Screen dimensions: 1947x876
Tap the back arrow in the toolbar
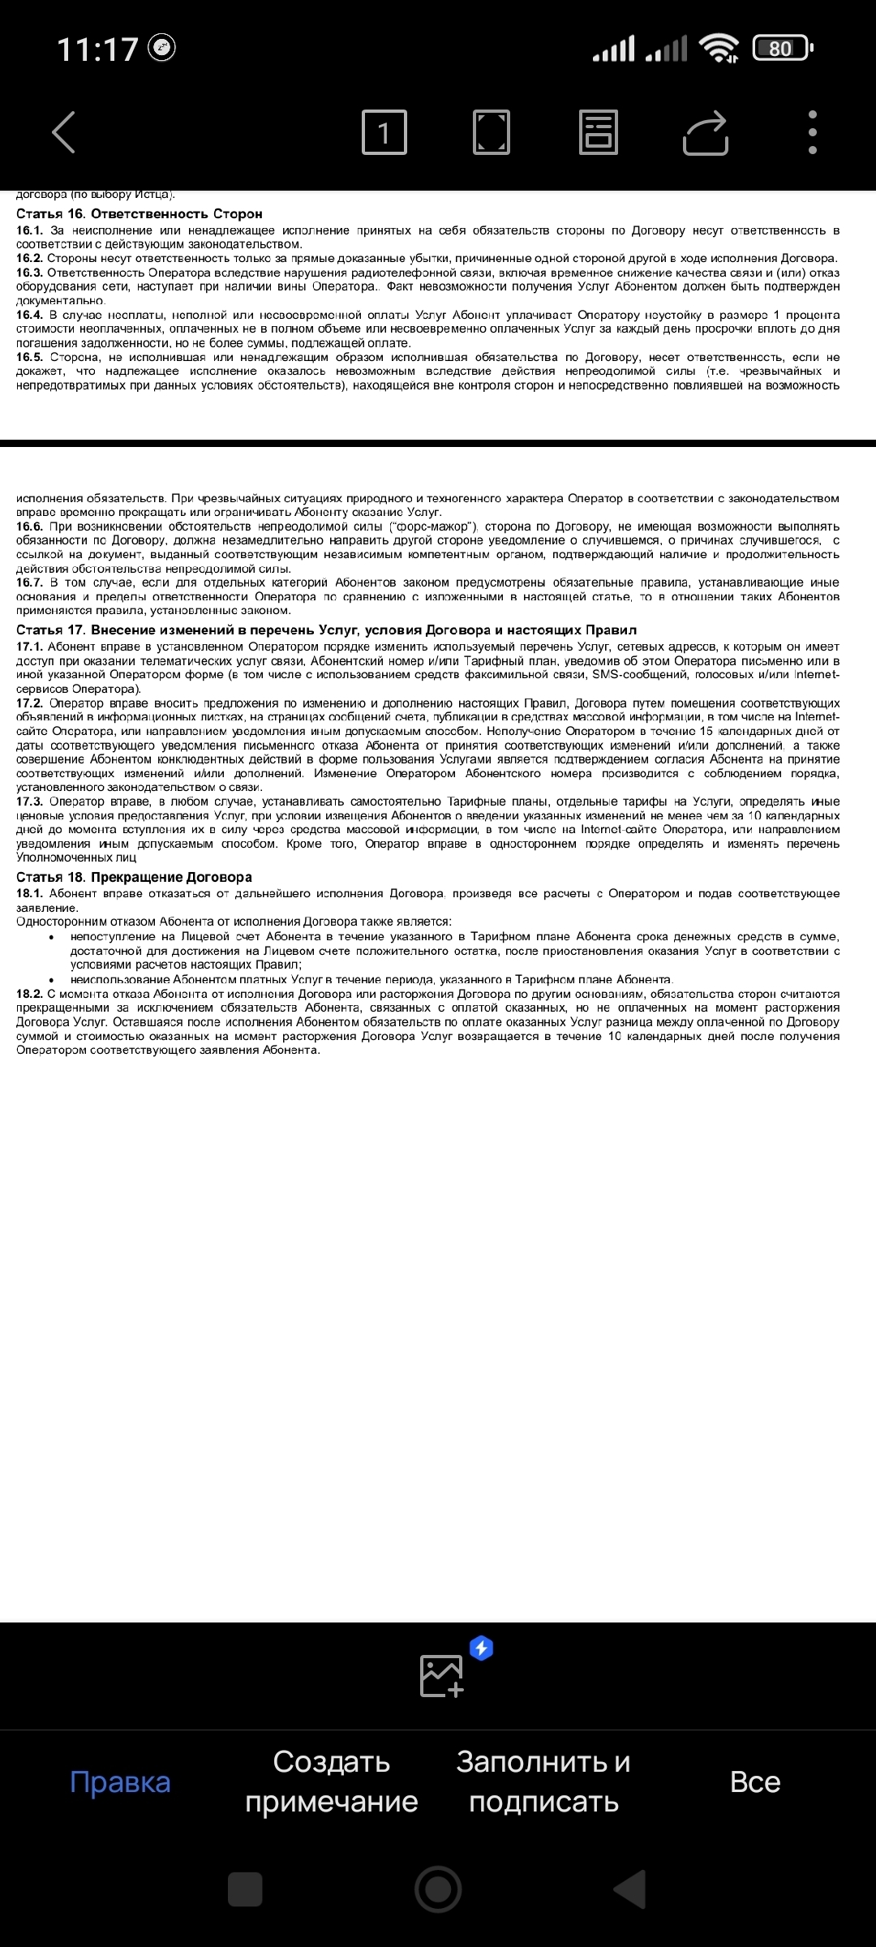point(64,132)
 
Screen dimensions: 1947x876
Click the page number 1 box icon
point(384,132)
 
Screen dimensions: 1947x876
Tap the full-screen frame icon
point(492,132)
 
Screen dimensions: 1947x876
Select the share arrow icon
point(706,132)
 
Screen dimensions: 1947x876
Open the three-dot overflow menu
point(812,132)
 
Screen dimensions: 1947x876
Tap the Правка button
point(120,1782)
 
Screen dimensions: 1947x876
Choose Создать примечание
point(332,1782)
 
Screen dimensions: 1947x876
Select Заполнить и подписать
point(543,1782)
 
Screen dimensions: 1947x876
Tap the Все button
point(755,1782)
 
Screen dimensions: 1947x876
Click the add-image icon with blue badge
point(443,1674)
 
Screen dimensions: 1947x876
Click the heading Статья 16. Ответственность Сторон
point(140,214)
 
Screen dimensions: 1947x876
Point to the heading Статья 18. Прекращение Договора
point(135,877)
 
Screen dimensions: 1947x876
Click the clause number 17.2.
point(29,703)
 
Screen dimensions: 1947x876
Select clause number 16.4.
point(29,315)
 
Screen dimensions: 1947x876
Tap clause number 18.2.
point(29,994)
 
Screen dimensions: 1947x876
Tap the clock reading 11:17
point(97,49)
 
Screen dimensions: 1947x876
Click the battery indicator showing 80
point(782,49)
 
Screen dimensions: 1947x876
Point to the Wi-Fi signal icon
point(719,49)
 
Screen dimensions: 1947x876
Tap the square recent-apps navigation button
point(245,1889)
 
